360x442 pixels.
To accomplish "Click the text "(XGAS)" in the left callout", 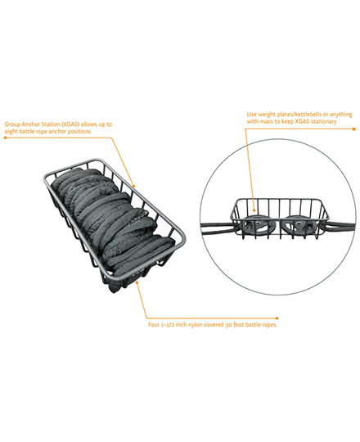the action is [x=70, y=124].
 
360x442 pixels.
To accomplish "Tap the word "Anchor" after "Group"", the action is [x=31, y=124].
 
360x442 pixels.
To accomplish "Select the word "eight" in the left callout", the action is [x=11, y=132].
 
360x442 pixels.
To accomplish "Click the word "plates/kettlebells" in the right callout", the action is [x=299, y=115].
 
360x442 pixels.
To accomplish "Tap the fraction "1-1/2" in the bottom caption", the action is [x=168, y=325].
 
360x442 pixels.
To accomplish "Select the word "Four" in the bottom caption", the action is [x=154, y=325].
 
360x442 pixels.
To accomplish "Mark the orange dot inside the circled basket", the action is [x=254, y=210].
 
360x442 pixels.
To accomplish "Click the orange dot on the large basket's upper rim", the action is [x=134, y=186].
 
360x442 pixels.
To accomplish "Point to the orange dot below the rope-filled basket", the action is [x=137, y=282].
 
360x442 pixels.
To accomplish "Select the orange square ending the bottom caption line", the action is [x=277, y=318].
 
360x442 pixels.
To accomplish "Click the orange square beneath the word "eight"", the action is [x=6, y=138].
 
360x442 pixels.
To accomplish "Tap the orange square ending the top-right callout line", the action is [x=354, y=129].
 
